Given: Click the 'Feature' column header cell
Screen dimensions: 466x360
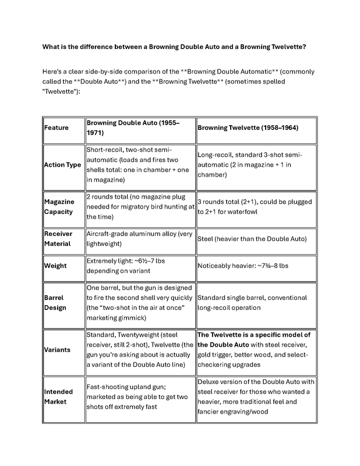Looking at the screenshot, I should (x=57, y=128).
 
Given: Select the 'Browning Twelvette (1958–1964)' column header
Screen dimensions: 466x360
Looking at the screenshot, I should (x=248, y=128).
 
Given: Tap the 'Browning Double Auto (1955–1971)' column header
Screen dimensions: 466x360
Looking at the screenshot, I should (x=133, y=128).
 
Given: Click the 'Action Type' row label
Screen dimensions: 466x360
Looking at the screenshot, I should (x=62, y=165).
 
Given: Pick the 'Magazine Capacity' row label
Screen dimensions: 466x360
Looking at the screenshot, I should (x=59, y=207).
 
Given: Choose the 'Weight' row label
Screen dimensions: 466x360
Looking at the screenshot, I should (x=55, y=266).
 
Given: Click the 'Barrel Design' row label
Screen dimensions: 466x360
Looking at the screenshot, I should (x=55, y=303).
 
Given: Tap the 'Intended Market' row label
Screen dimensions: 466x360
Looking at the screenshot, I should (x=58, y=396).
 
